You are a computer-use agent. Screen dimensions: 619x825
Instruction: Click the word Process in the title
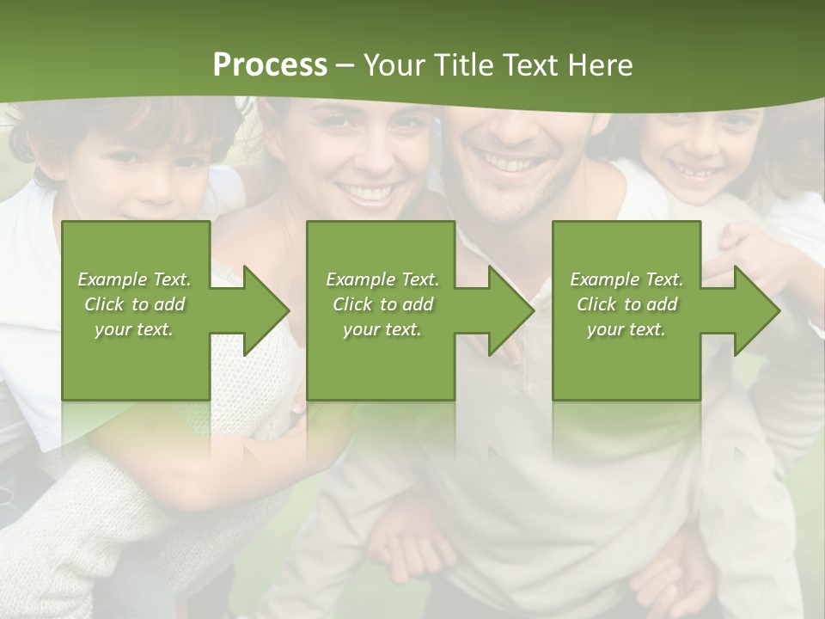pos(270,65)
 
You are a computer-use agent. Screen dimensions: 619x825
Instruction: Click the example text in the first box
pos(134,304)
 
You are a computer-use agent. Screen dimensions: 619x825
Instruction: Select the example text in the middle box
pos(382,304)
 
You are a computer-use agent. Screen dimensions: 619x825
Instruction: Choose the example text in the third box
pos(626,304)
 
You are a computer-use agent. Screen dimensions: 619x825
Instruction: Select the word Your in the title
pos(393,65)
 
